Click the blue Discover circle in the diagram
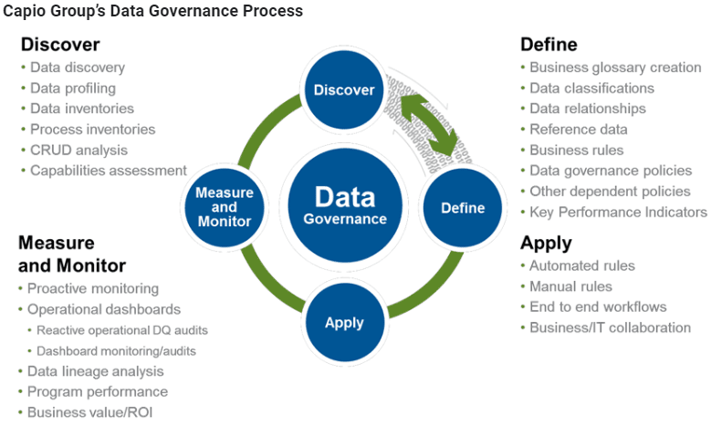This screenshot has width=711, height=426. [x=344, y=89]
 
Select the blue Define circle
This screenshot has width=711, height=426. [x=463, y=208]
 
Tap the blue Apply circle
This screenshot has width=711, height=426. [x=345, y=323]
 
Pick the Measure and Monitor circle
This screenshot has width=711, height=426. [x=225, y=207]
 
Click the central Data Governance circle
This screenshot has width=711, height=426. [x=345, y=205]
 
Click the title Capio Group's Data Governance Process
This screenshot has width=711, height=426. [x=152, y=11]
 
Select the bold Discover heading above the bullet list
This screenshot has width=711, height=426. [x=60, y=45]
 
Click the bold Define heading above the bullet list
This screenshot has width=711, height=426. [x=549, y=45]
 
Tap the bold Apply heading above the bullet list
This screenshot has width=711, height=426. [x=546, y=244]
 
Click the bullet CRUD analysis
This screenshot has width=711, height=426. [x=78, y=150]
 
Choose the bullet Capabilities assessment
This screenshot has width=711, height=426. [x=109, y=171]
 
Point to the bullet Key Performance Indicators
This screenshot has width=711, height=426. [x=619, y=213]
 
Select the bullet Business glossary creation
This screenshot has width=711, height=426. [x=615, y=68]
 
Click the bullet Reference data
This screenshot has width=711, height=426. [x=579, y=130]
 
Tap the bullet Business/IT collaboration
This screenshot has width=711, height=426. [x=611, y=327]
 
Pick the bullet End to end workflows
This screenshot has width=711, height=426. [x=598, y=307]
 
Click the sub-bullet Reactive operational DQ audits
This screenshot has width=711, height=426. [x=122, y=330]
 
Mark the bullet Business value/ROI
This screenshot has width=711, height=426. [x=89, y=412]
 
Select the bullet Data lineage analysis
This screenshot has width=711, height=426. [x=95, y=371]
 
